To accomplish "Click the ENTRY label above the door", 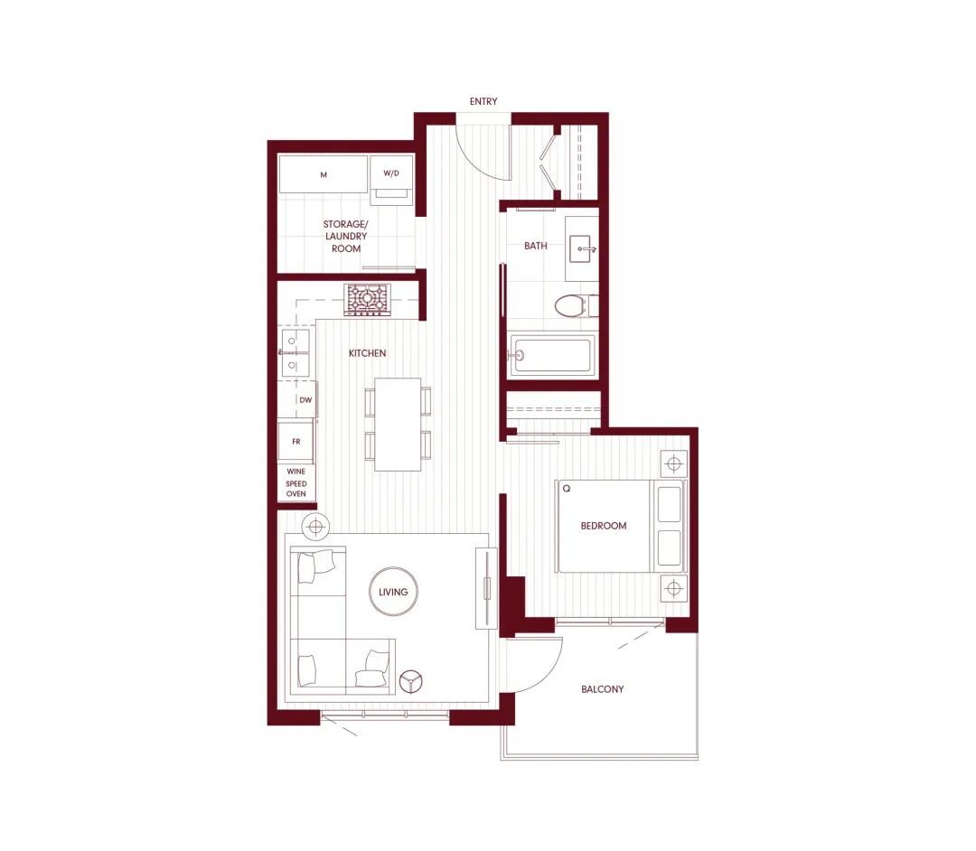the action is tap(483, 101).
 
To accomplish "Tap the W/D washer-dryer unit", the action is tap(391, 180).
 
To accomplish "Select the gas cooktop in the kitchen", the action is tap(367, 300).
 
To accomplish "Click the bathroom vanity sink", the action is tap(582, 248).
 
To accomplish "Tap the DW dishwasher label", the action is tap(305, 400).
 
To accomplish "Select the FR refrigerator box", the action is tap(296, 442).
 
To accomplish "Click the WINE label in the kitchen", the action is tap(296, 472).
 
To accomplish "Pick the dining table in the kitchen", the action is tap(398, 425).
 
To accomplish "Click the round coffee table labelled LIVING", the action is tap(393, 592).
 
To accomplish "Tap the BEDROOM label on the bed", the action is tap(603, 526).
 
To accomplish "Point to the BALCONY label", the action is tap(602, 689).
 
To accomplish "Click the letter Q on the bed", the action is tap(567, 489).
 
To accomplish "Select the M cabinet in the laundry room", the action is tap(323, 174).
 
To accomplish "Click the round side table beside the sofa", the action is tap(315, 528).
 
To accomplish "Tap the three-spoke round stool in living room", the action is tap(411, 680).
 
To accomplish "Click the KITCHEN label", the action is tap(367, 353).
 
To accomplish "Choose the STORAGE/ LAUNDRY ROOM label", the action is tap(345, 237).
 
